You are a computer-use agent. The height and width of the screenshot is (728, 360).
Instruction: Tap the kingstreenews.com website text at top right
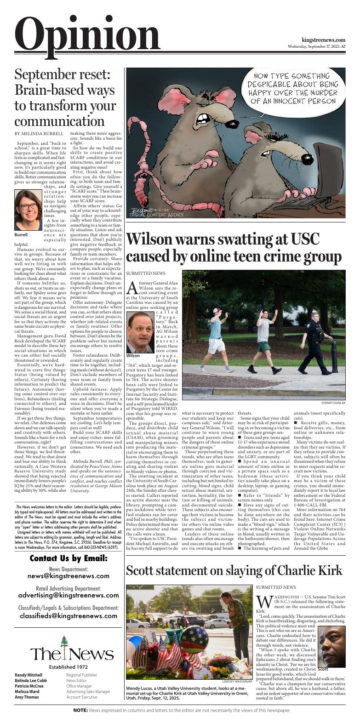323,40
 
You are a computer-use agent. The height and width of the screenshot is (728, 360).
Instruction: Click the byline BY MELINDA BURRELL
39,133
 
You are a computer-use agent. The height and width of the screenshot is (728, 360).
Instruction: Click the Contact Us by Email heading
69,558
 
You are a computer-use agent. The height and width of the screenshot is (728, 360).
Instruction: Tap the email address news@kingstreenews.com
69,575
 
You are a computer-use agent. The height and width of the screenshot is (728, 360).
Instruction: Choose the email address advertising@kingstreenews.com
69,595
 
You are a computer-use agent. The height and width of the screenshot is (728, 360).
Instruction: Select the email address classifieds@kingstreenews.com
69,615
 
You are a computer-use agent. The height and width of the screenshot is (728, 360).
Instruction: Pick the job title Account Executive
82,697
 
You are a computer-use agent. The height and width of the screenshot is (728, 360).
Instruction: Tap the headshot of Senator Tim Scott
332,647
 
